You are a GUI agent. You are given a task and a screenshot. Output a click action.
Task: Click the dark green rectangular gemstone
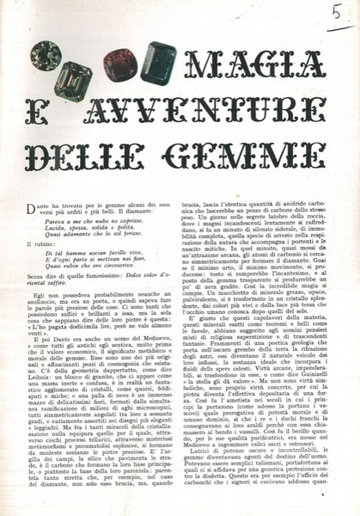159,61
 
